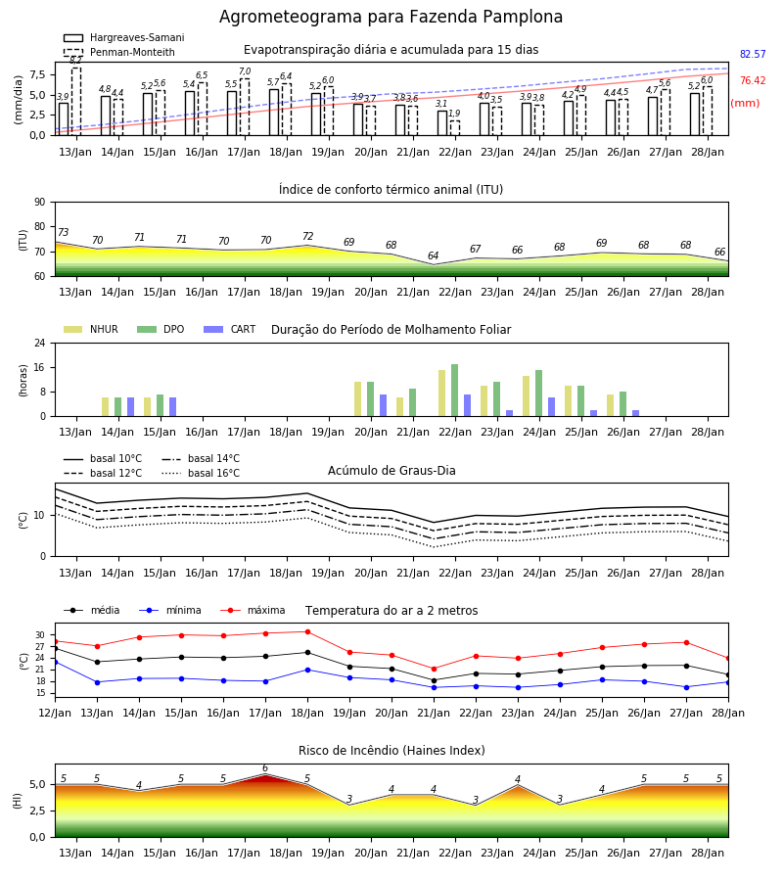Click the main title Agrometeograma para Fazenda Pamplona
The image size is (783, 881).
click(x=391, y=17)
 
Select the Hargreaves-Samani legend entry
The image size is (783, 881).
click(x=124, y=37)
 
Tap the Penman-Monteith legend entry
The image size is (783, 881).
click(x=119, y=52)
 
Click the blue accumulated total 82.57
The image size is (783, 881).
click(x=753, y=54)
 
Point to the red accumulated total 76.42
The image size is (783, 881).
click(x=753, y=80)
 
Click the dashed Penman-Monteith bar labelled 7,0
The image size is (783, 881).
click(x=245, y=107)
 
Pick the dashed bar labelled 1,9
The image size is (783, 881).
click(x=455, y=128)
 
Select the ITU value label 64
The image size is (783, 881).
click(x=433, y=255)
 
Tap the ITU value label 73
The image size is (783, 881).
click(x=63, y=232)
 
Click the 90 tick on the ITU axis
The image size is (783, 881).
click(x=40, y=203)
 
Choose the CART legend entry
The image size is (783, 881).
click(x=230, y=329)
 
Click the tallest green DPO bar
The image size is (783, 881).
click(x=454, y=391)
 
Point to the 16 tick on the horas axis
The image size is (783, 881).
click(x=40, y=367)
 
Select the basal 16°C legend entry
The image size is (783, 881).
click(x=201, y=473)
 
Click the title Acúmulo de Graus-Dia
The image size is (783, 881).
click(x=391, y=470)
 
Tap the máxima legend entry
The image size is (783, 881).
click(x=253, y=610)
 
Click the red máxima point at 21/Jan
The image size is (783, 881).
click(x=434, y=669)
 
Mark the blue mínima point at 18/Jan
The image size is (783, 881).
click(x=307, y=670)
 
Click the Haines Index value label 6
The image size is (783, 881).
click(x=265, y=768)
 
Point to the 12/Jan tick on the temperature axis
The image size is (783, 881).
click(x=55, y=713)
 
